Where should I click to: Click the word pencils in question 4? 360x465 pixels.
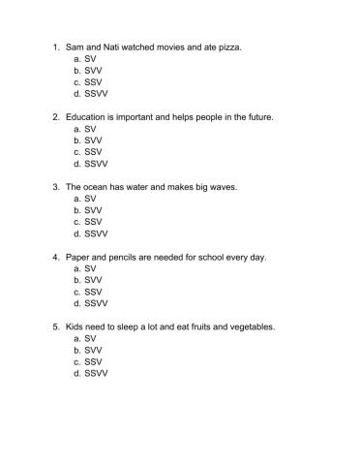pos(121,257)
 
